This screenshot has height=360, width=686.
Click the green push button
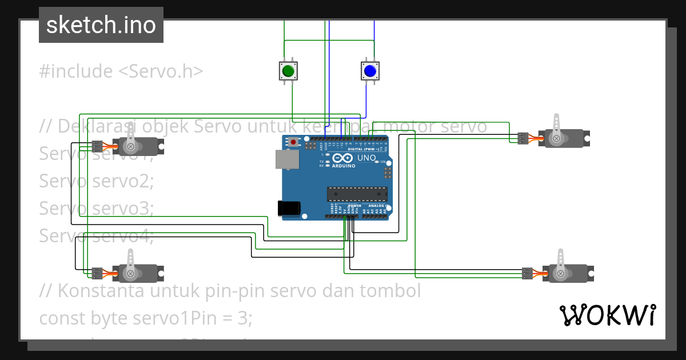click(x=287, y=71)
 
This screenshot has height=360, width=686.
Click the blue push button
click(x=370, y=71)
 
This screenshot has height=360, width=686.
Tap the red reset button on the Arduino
click(x=294, y=142)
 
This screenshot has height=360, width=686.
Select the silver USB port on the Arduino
click(x=287, y=159)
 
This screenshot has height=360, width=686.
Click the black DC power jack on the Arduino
click(x=288, y=208)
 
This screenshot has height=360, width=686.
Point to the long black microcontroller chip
click(x=357, y=194)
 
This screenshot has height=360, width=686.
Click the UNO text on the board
click(x=366, y=158)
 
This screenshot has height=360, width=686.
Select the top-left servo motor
click(x=137, y=146)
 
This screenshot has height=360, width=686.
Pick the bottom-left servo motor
click(x=137, y=273)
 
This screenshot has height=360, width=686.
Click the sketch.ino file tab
click(x=101, y=25)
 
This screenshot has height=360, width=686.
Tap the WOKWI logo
click(x=607, y=315)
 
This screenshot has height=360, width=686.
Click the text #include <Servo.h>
click(x=121, y=71)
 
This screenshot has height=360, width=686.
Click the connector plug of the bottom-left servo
click(x=97, y=273)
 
